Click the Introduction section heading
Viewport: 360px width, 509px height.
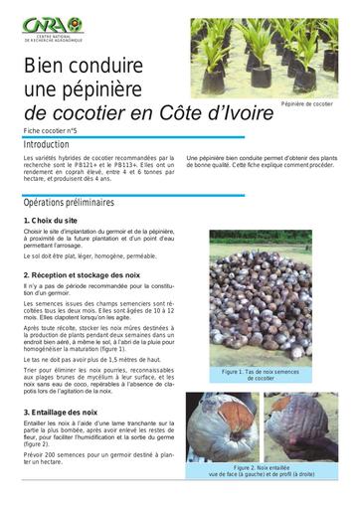pyautogui.click(x=47, y=145)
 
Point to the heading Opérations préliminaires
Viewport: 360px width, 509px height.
pyautogui.click(x=70, y=202)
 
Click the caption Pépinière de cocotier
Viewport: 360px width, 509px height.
pyautogui.click(x=307, y=103)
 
